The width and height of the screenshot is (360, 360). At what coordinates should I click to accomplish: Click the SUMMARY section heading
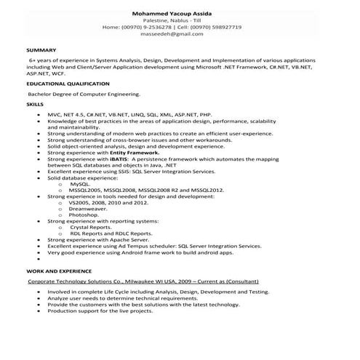tap(38, 49)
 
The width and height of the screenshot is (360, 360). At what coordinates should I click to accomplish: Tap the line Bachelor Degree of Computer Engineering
tap(84, 94)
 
